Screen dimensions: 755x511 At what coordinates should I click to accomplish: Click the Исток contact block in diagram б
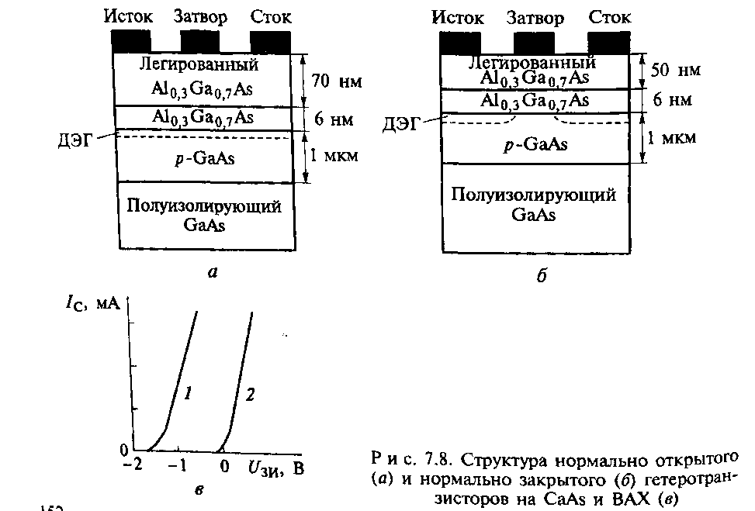coord(459,43)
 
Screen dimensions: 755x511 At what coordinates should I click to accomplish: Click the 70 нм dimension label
coord(334,79)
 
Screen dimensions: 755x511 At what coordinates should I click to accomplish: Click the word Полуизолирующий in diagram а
coord(204,207)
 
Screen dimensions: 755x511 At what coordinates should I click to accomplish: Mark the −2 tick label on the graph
coord(133,467)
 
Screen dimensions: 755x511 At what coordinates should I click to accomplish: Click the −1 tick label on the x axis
coord(178,467)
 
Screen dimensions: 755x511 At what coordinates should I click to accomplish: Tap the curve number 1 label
coord(187,394)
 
